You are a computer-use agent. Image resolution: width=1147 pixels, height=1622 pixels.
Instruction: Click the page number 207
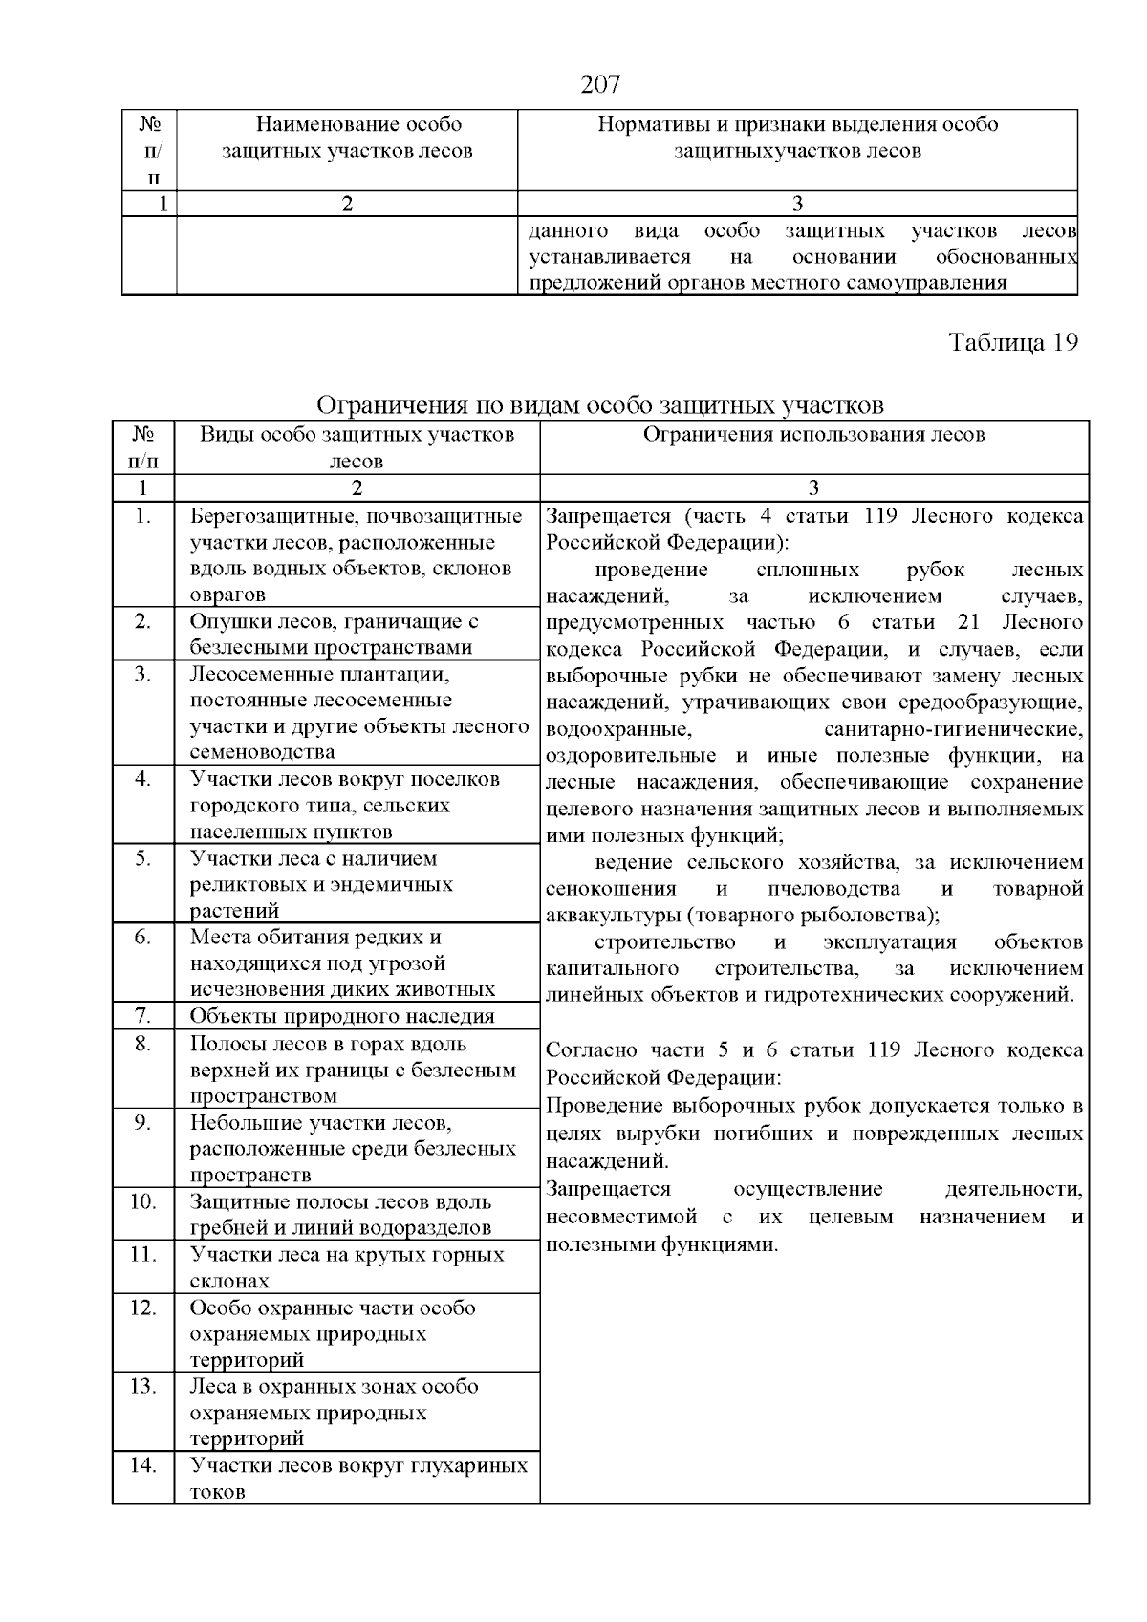(x=600, y=85)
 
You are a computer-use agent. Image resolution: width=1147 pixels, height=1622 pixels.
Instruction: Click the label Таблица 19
(x=1013, y=343)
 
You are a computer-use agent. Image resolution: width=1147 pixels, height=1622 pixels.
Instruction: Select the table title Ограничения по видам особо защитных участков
(x=599, y=405)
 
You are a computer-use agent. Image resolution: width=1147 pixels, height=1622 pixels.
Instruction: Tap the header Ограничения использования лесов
(x=813, y=435)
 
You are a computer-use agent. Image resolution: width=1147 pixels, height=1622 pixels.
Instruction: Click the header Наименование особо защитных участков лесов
(x=347, y=138)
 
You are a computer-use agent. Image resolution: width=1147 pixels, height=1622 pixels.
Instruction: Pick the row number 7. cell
(x=142, y=1015)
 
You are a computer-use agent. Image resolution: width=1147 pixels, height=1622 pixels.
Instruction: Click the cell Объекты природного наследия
(x=342, y=1016)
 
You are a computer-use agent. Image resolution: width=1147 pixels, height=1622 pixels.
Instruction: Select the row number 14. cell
(x=142, y=1464)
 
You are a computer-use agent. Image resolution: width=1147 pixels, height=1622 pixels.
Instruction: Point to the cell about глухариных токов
(x=357, y=1478)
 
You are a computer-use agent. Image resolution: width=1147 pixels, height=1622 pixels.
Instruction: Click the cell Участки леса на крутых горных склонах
(x=346, y=1266)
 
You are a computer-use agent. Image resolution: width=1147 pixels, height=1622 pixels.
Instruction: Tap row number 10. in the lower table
(x=142, y=1201)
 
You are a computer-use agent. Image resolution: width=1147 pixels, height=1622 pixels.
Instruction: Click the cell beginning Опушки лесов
(x=334, y=634)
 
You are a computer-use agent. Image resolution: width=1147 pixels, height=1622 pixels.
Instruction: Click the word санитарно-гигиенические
(x=953, y=730)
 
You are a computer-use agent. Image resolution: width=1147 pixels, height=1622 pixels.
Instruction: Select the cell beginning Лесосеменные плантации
(x=357, y=713)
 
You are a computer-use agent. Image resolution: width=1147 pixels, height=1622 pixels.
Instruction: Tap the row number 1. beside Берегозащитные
(x=142, y=517)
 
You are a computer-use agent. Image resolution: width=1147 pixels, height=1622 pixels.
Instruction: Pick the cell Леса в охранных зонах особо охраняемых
(x=334, y=1412)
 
